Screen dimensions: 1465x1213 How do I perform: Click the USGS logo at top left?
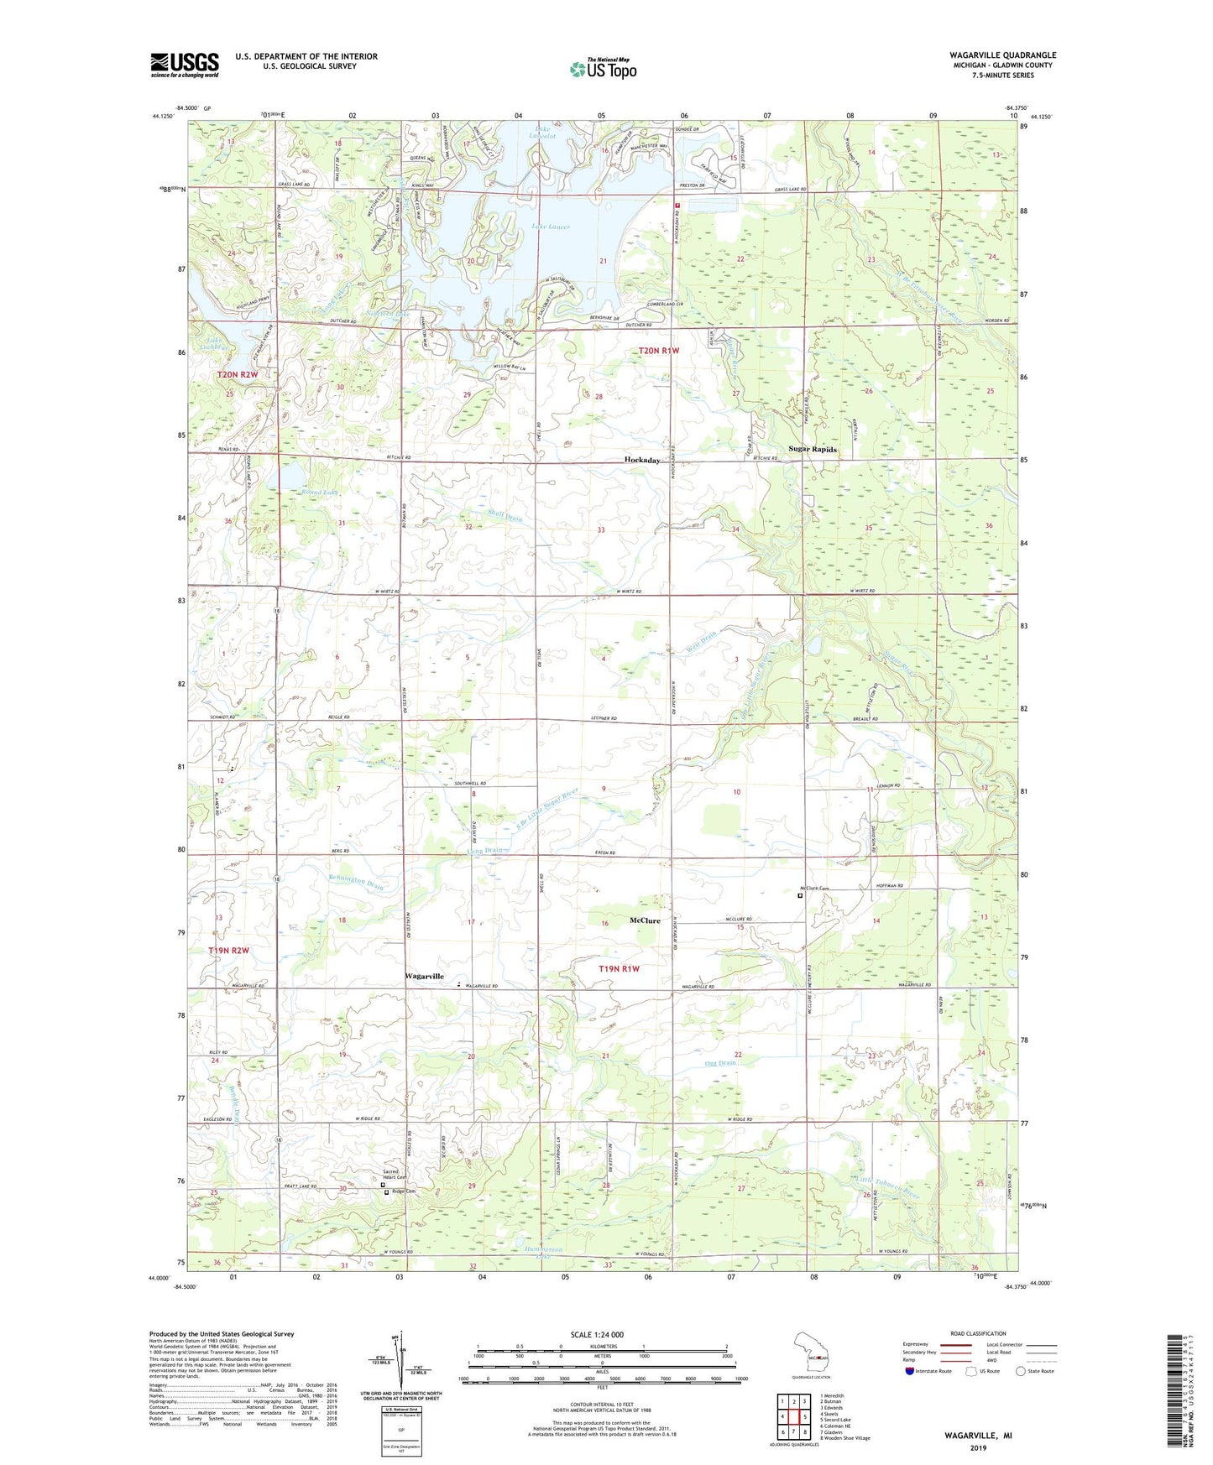[185, 65]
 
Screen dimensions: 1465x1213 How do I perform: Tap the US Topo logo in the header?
[602, 69]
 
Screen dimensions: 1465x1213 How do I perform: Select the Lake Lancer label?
[550, 227]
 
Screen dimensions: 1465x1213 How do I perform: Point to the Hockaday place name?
[642, 461]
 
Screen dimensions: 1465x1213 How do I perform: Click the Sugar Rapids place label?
[812, 450]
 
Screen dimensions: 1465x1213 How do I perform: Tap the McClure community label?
[645, 920]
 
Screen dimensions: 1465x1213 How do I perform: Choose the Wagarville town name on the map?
[425, 977]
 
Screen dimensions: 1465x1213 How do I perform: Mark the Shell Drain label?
[505, 518]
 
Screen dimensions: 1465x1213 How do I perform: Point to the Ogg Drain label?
[720, 1063]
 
